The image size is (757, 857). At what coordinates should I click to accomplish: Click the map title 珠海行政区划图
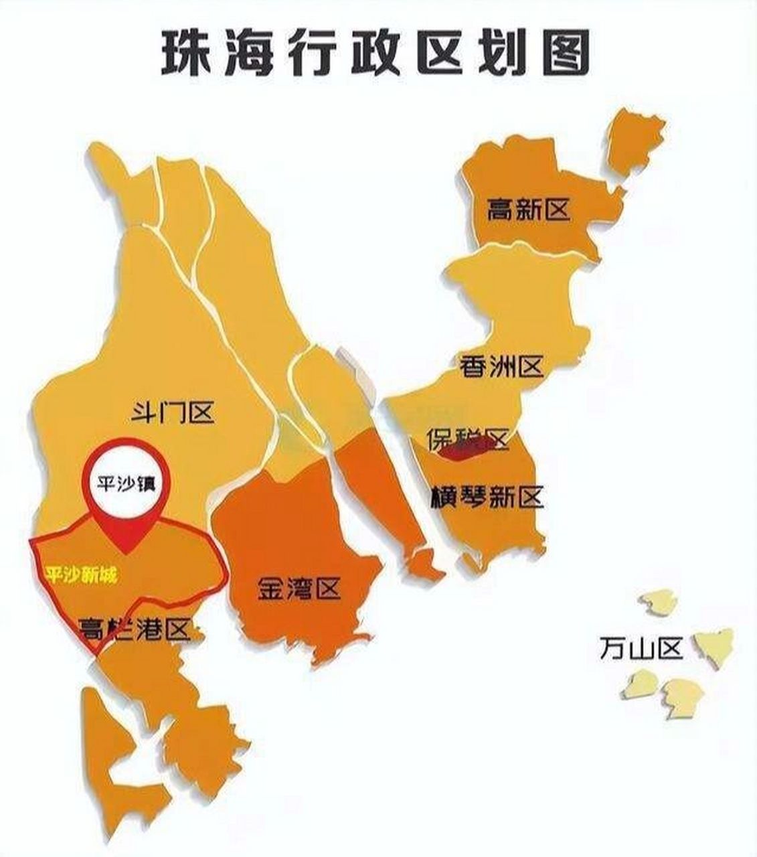coord(375,53)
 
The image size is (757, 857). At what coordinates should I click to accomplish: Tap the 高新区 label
coord(528,210)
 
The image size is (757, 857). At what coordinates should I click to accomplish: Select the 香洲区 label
coord(501,366)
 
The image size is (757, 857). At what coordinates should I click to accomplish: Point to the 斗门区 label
coord(172,413)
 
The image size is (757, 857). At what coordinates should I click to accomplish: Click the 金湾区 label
coord(299,589)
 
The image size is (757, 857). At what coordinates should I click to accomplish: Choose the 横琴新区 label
coord(489,497)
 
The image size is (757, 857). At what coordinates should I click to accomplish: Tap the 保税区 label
coord(468,439)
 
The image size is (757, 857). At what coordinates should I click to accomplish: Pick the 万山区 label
coord(641,649)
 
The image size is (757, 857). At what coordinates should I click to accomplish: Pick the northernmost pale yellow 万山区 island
coord(657,600)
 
